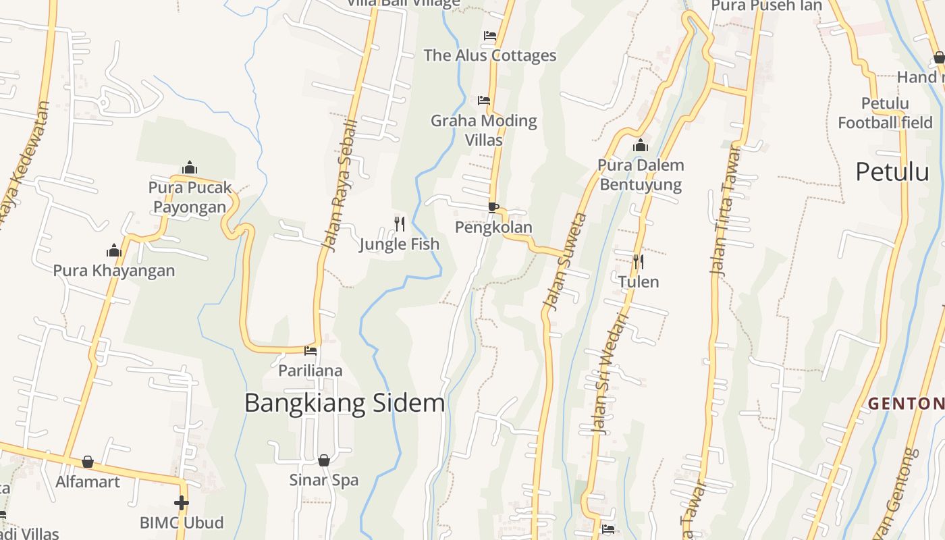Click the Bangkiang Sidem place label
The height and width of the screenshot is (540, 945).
click(x=344, y=403)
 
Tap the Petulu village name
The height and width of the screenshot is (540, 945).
click(x=892, y=172)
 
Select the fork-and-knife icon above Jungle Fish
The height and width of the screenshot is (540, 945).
click(x=400, y=223)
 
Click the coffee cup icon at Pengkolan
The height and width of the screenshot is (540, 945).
click(x=493, y=207)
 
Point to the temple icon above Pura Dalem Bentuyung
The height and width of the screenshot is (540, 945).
click(x=641, y=145)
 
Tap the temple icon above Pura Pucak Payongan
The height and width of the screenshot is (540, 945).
click(x=190, y=167)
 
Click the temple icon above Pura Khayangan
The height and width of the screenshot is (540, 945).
click(x=113, y=251)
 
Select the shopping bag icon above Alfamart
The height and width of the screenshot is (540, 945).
click(x=87, y=462)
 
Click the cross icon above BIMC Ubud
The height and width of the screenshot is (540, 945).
click(x=181, y=503)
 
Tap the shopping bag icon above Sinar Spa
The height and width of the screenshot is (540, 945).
click(x=324, y=460)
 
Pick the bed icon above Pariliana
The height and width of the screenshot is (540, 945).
click(x=310, y=350)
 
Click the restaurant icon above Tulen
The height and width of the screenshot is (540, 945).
click(x=638, y=261)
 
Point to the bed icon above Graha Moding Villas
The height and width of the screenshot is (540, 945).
click(x=484, y=101)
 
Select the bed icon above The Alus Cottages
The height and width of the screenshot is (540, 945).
click(x=490, y=35)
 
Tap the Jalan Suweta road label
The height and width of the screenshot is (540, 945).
click(x=564, y=262)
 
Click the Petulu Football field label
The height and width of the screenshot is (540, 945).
click(x=885, y=113)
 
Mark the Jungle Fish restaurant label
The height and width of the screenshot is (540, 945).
click(x=399, y=244)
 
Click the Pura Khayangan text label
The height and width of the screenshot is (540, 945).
click(x=114, y=271)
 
